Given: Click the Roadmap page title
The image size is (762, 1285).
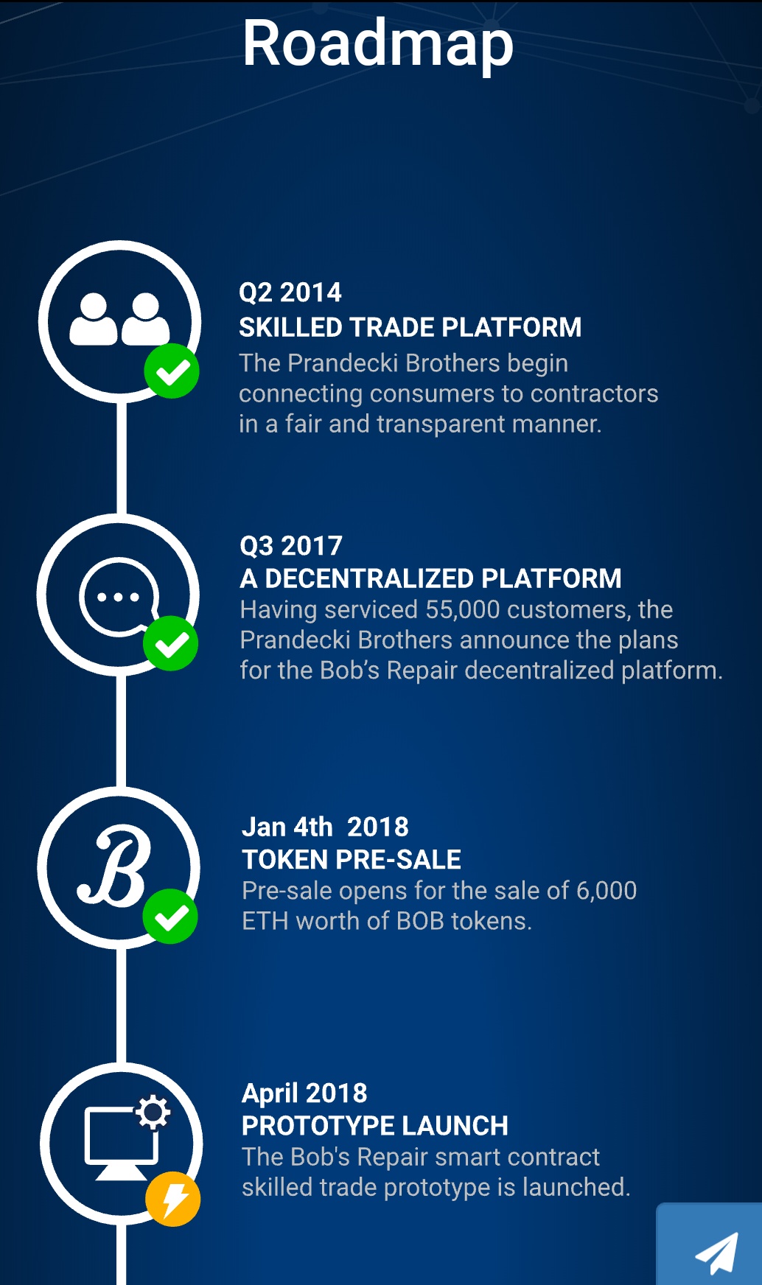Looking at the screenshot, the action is pos(378,44).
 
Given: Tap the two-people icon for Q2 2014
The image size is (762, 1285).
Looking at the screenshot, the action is pos(119,319).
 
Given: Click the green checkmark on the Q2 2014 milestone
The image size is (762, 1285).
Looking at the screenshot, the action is pos(172,371).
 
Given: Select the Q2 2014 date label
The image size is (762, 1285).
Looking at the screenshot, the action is pos(290,293).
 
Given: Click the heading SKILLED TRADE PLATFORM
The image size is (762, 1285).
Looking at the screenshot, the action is pos(410,327).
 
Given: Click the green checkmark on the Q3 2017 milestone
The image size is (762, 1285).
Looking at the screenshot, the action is pos(171,644).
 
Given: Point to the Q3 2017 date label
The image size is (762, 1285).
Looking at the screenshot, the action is pos(291,546).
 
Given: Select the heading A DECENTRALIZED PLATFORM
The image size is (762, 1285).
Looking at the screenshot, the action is pos(431,578).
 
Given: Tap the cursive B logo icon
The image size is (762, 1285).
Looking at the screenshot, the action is pos(115,866).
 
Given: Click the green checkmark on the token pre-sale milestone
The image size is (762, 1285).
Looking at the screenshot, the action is pos(171,917).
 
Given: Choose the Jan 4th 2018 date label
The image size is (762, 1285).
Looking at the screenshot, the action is pos(325,827).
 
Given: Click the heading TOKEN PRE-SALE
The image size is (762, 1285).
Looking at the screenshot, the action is pos(352,859).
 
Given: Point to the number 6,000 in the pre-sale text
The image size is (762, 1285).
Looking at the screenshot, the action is pos(607,891).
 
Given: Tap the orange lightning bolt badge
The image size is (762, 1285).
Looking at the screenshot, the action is pos(173,1199).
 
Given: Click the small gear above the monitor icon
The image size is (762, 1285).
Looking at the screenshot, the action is pos(153,1113).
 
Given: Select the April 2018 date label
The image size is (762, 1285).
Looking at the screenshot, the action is pos(304,1093).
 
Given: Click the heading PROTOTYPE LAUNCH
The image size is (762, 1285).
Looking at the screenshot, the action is pos(375,1126).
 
